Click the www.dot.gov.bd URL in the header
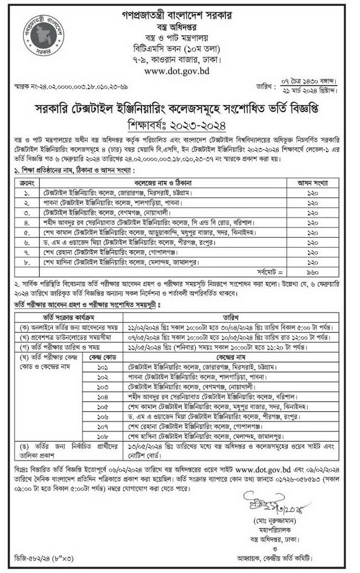(177, 71)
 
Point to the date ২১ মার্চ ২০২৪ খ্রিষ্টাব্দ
(310, 90)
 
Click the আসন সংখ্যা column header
(312, 183)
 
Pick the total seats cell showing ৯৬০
(312, 272)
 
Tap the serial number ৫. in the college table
(27, 233)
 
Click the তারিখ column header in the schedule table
(230, 317)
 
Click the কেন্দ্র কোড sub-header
(103, 357)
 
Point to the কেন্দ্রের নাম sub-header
(230, 357)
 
